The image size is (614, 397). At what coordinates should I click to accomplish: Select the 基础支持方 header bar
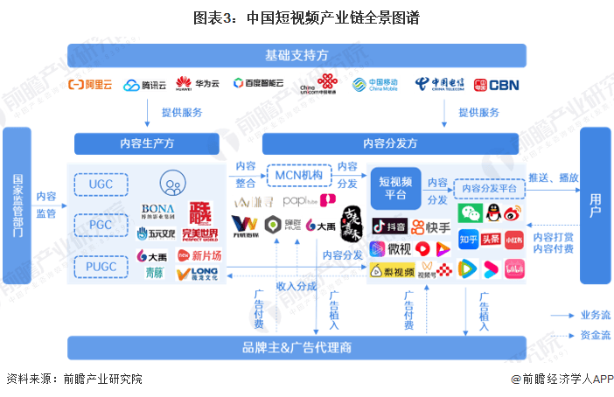coord(297,55)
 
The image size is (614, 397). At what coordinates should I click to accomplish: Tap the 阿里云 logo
coord(91,85)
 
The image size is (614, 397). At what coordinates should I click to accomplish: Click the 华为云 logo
coord(197,85)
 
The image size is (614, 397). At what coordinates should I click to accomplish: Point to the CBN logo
coord(496,85)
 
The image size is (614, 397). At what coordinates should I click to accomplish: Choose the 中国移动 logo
coord(374,85)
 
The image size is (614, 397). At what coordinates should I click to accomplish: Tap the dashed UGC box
coord(101,185)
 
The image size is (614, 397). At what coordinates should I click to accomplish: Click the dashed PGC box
coord(101,224)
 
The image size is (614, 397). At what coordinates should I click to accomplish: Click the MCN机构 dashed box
coord(298,177)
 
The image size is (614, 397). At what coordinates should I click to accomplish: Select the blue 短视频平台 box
coord(395,188)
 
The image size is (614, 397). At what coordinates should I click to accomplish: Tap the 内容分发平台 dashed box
coord(489,188)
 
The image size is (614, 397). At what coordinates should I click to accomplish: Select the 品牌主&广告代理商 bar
coord(297,347)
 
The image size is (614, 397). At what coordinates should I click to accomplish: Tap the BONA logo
coord(158,211)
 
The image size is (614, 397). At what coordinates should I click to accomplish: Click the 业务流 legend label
coord(595,315)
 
